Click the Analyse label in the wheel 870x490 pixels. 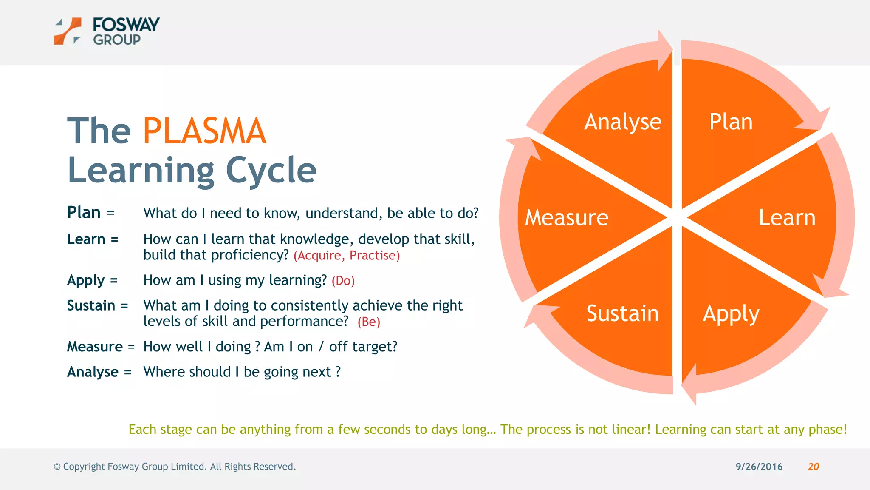(623, 122)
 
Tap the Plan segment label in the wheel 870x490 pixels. (731, 122)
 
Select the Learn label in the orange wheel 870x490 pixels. (787, 218)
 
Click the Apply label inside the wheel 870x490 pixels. (731, 314)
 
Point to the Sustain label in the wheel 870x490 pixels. (622, 313)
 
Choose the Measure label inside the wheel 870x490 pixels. (566, 218)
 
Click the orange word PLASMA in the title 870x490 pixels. (204, 131)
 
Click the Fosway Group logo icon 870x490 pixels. (68, 31)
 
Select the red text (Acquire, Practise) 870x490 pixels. (347, 256)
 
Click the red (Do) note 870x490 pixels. (343, 281)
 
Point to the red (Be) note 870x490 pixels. (369, 322)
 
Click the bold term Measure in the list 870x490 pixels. (95, 347)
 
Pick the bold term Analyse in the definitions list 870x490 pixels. (93, 372)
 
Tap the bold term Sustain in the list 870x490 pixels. (91, 305)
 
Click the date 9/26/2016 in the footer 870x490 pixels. (759, 467)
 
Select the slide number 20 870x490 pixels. (813, 467)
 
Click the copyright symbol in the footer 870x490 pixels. (57, 467)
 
